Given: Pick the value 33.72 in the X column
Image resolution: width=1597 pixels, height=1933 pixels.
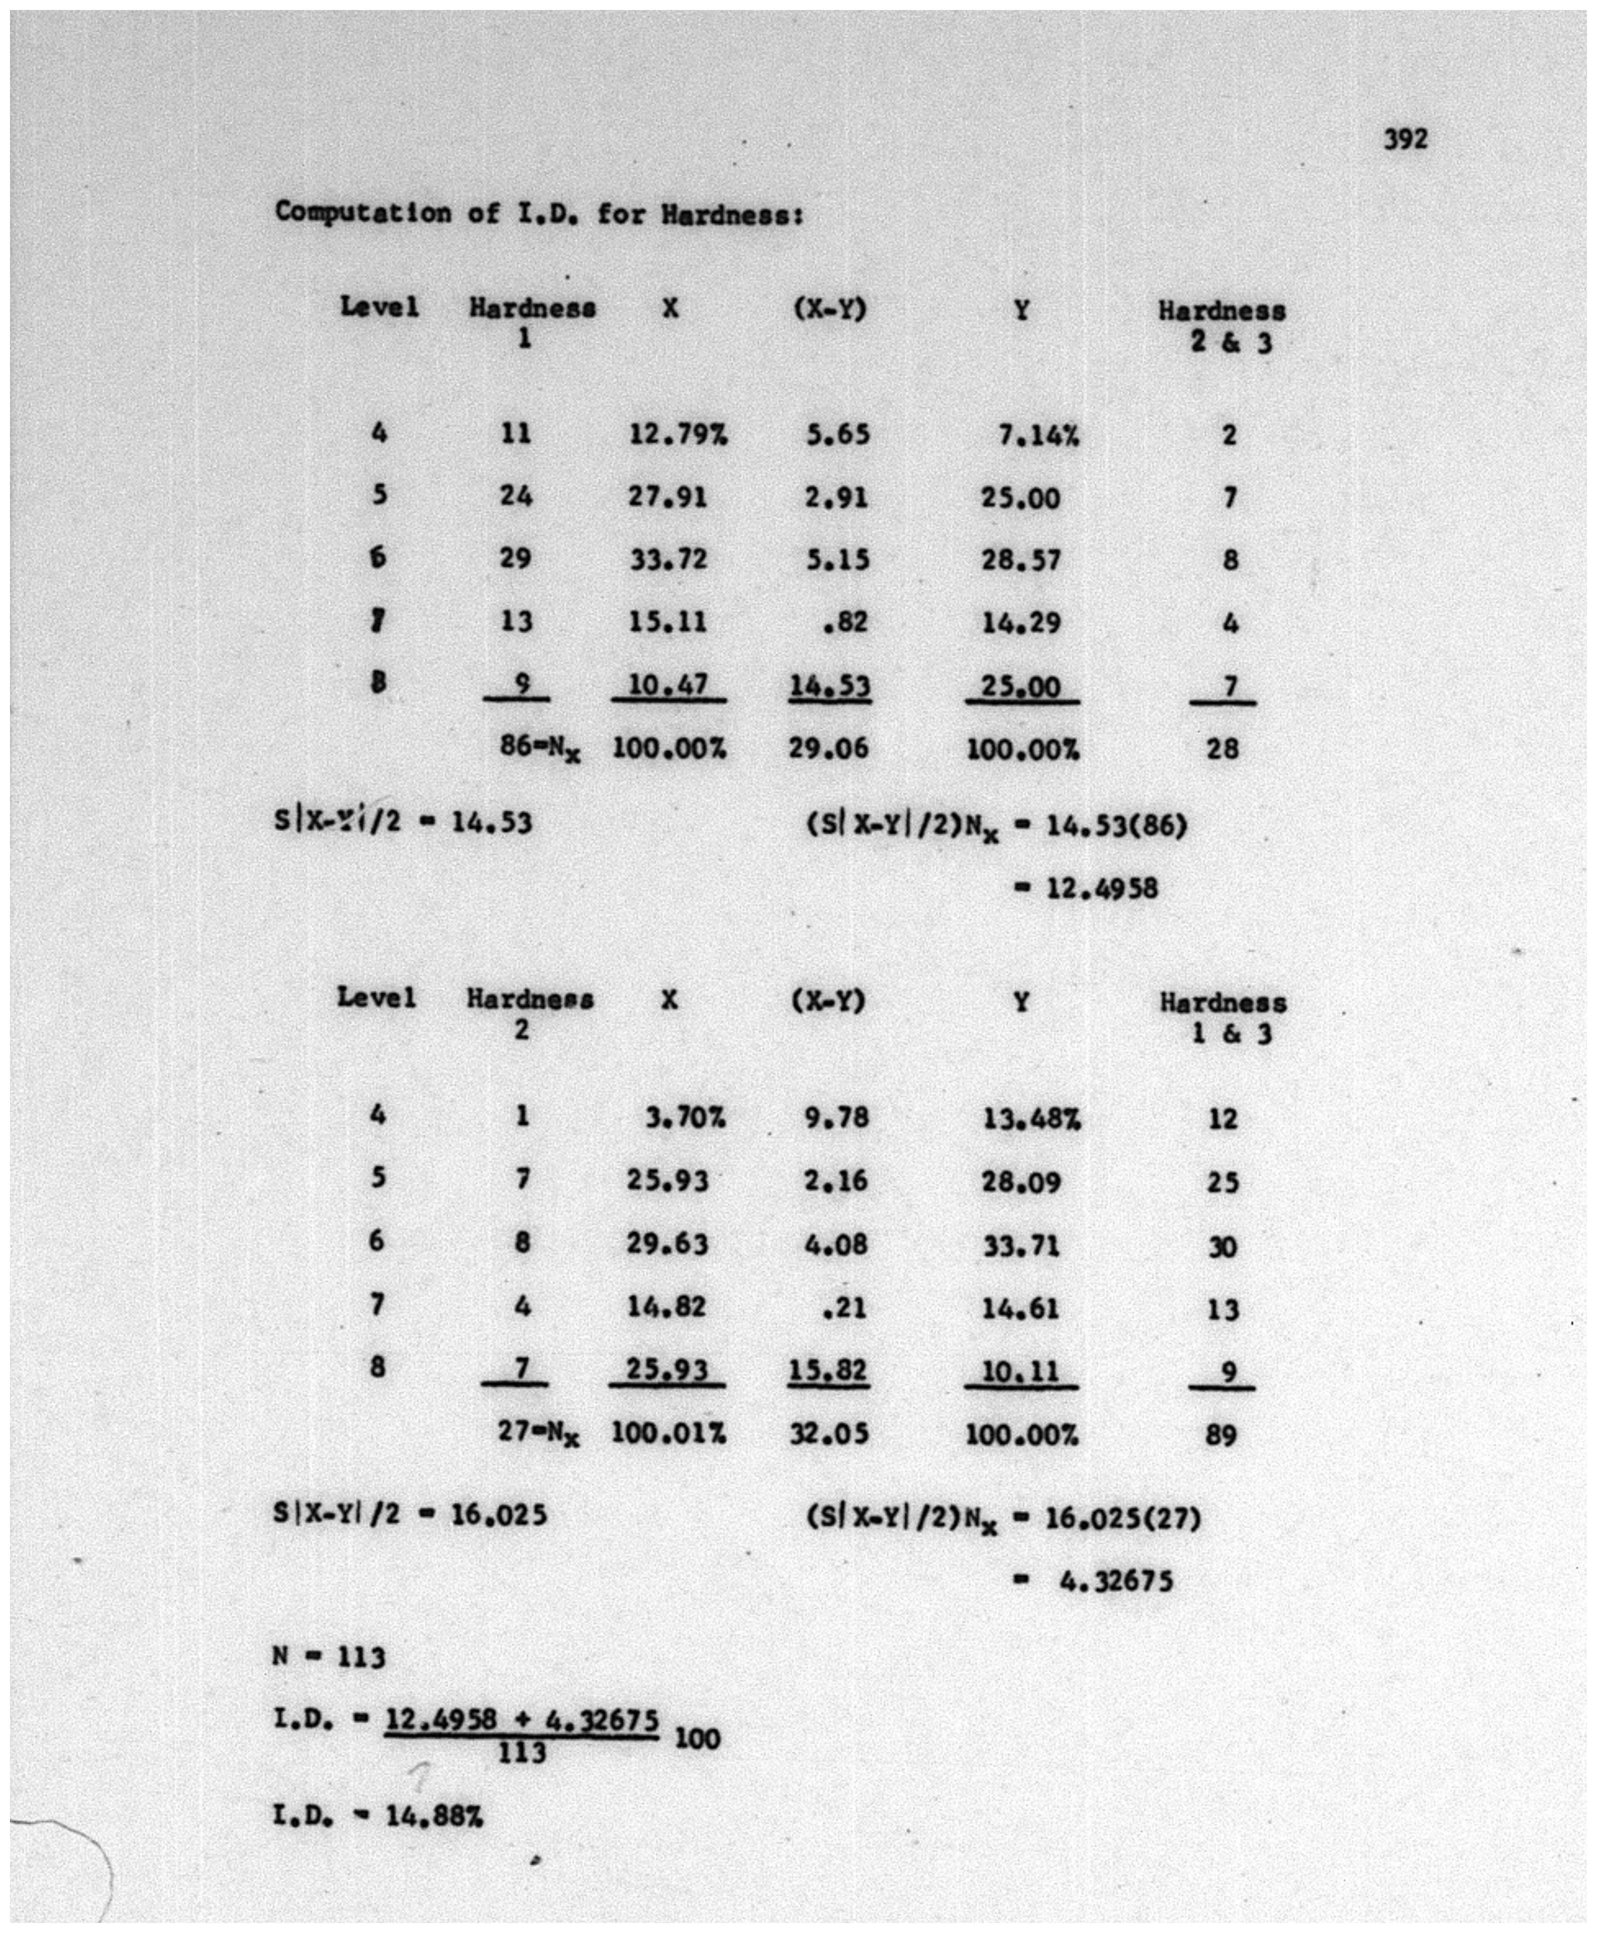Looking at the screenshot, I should pos(669,559).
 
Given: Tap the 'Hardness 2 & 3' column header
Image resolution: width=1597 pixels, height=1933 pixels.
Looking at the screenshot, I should pos(1222,326).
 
